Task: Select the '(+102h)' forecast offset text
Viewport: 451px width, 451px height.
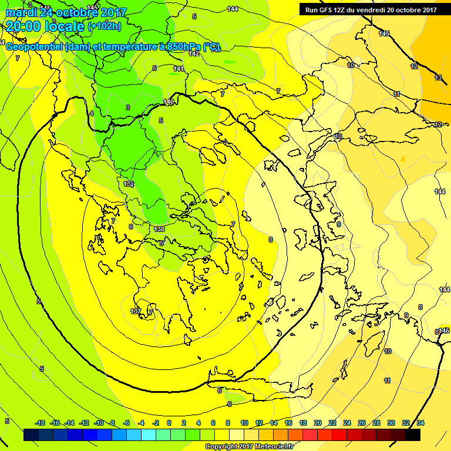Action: (105, 26)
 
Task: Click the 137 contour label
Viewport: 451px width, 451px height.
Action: (136, 311)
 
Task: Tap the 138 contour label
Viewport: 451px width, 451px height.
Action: (159, 229)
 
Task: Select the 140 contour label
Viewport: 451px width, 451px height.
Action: (169, 102)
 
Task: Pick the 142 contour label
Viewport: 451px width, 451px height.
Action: (194, 53)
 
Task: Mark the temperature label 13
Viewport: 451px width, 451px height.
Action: (438, 78)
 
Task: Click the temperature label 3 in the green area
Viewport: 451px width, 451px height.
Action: (128, 107)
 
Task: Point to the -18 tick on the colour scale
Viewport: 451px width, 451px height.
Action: (40, 423)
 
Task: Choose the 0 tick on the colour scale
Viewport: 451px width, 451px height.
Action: (169, 423)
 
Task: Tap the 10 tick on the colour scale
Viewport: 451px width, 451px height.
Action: (244, 423)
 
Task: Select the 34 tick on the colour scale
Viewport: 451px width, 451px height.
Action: (420, 423)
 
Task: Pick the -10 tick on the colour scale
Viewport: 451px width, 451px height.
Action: (99, 423)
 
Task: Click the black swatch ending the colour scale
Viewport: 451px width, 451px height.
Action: (413, 435)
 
